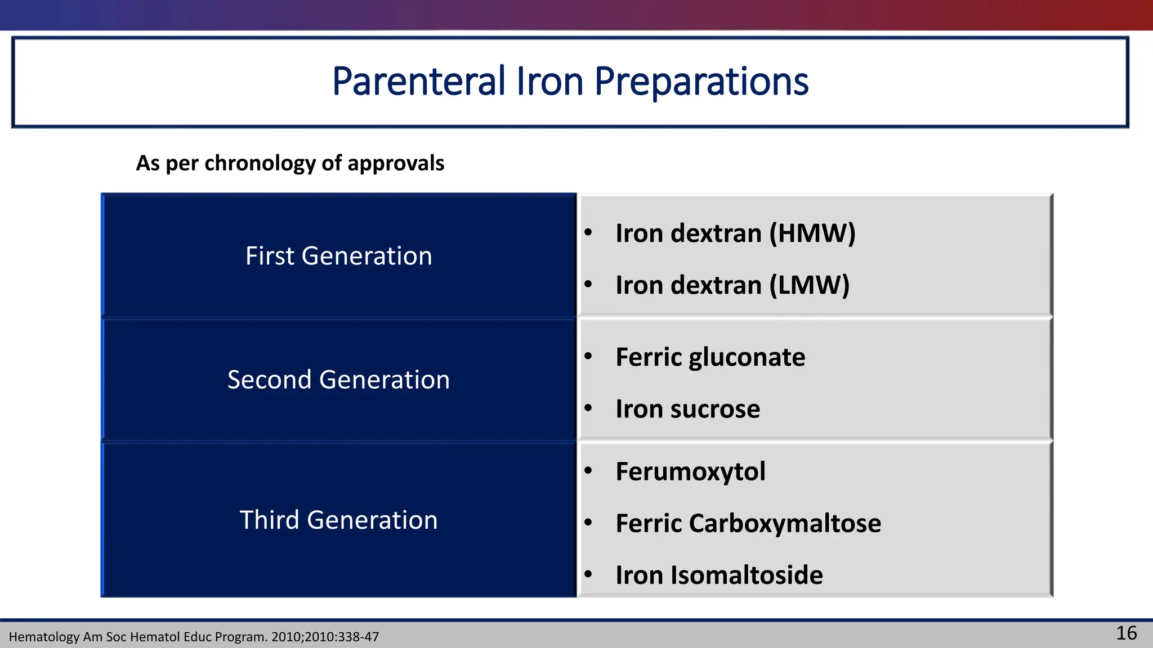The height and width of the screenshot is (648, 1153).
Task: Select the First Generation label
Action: [338, 256]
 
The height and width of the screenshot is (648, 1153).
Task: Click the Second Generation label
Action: [338, 380]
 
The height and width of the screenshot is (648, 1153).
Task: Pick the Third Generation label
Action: [338, 520]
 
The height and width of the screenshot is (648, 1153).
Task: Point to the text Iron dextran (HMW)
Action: [735, 233]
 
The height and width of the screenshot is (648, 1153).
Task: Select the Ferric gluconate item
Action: [710, 357]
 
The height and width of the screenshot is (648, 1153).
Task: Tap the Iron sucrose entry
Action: [687, 409]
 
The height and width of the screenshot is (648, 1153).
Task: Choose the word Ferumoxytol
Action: [690, 471]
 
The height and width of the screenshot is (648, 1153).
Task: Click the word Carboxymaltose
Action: [784, 523]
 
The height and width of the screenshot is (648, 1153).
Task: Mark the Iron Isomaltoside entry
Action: [719, 575]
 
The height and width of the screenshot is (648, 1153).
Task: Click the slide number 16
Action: [1126, 633]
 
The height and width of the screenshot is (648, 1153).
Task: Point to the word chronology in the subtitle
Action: [260, 163]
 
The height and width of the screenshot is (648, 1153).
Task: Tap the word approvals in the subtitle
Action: [396, 163]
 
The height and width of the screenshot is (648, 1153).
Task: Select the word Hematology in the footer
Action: [44, 637]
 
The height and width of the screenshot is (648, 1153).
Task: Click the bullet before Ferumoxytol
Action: [588, 470]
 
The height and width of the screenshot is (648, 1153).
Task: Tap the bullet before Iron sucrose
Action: [588, 408]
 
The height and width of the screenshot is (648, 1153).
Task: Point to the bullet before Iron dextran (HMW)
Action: [588, 232]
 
